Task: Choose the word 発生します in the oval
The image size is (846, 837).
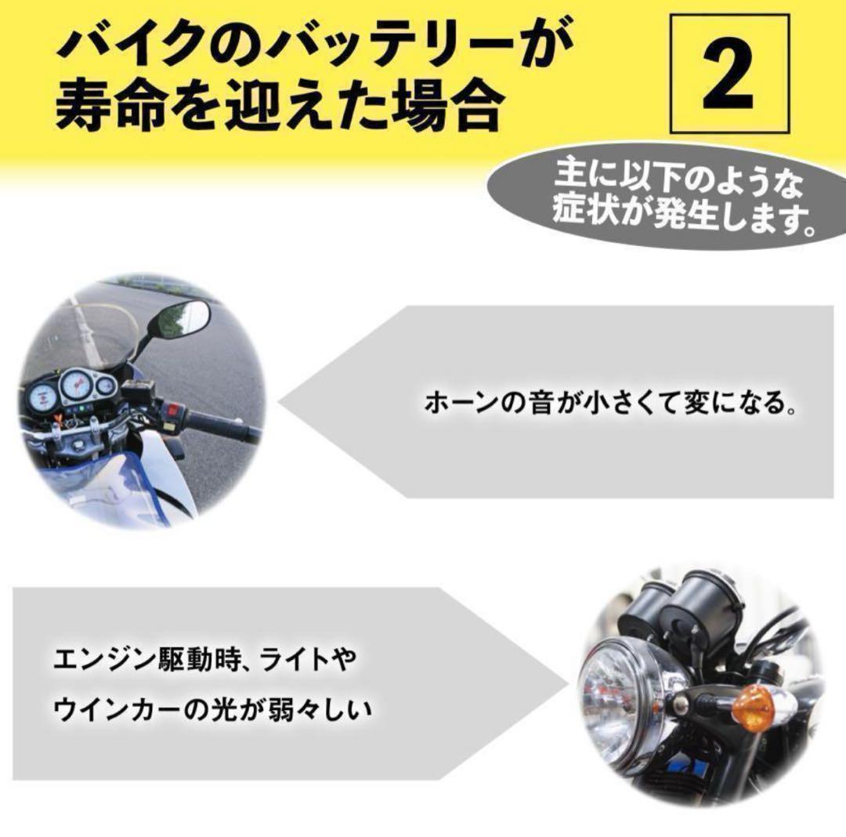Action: pyautogui.click(x=734, y=215)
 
